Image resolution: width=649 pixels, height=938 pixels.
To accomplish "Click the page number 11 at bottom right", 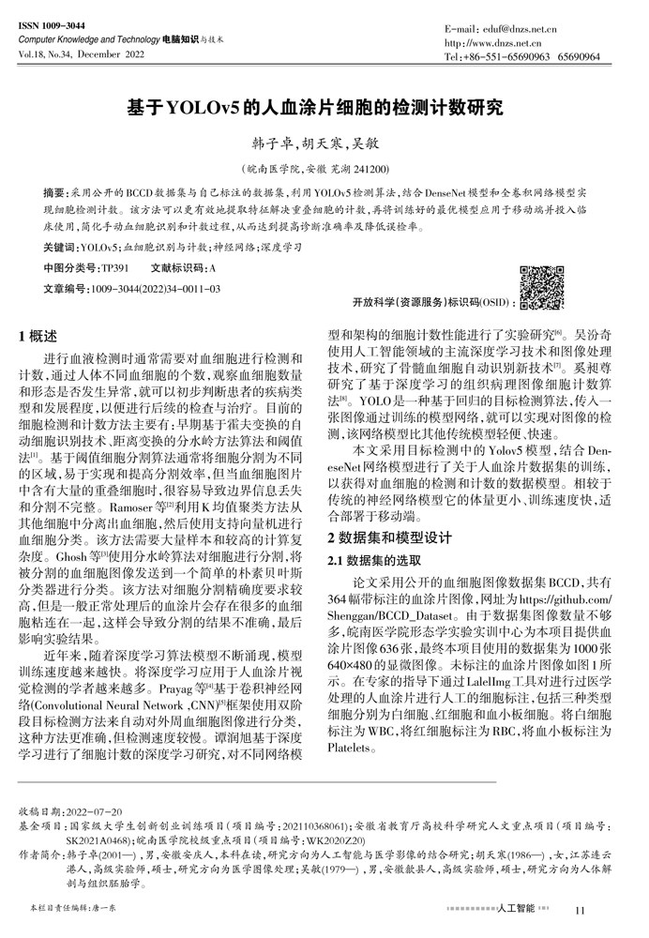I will [x=580, y=909].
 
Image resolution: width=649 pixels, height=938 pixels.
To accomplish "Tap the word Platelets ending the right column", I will [x=351, y=749].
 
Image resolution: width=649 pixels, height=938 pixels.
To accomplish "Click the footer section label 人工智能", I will [x=518, y=908].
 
